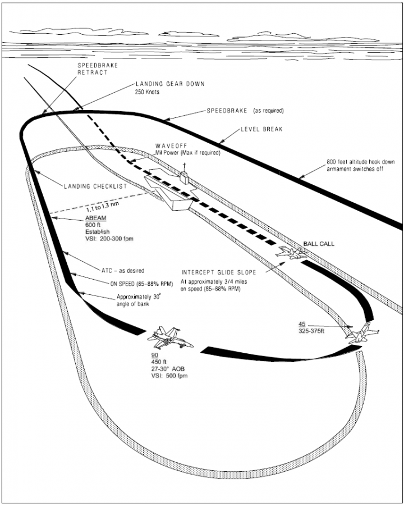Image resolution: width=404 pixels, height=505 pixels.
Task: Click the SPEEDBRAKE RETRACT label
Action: pyautogui.click(x=93, y=69)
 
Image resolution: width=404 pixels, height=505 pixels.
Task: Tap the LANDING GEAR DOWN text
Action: pyautogui.click(x=169, y=84)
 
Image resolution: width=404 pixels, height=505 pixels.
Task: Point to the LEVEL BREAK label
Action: pyautogui.click(x=261, y=129)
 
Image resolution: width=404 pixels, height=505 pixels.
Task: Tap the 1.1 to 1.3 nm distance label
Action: pyautogui.click(x=107, y=207)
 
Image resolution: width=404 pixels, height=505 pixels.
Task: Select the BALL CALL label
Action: pyautogui.click(x=319, y=244)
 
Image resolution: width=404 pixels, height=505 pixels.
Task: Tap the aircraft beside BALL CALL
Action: pyautogui.click(x=292, y=253)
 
